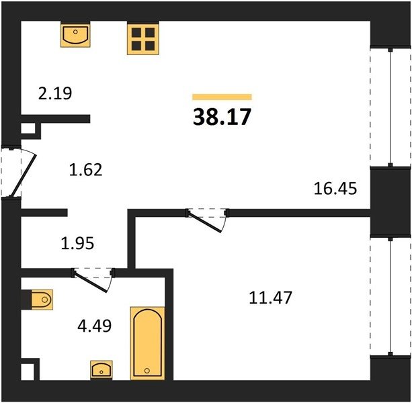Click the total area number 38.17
(x=222, y=117)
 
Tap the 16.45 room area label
(x=335, y=189)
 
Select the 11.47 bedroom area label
(x=270, y=298)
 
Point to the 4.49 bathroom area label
(x=95, y=326)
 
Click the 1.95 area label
(x=77, y=243)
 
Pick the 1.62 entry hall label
(x=85, y=169)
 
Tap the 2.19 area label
(x=55, y=93)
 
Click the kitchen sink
(x=75, y=35)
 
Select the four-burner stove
(x=143, y=40)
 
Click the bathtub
(x=147, y=343)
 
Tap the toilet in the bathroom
(x=42, y=300)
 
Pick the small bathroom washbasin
(x=101, y=369)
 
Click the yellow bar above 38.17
(x=222, y=97)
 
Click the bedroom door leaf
(x=205, y=222)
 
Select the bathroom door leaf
(x=91, y=282)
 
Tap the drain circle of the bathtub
(x=147, y=371)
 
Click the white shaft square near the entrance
(x=28, y=128)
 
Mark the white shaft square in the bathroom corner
(x=28, y=371)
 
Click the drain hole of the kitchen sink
(x=75, y=32)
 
